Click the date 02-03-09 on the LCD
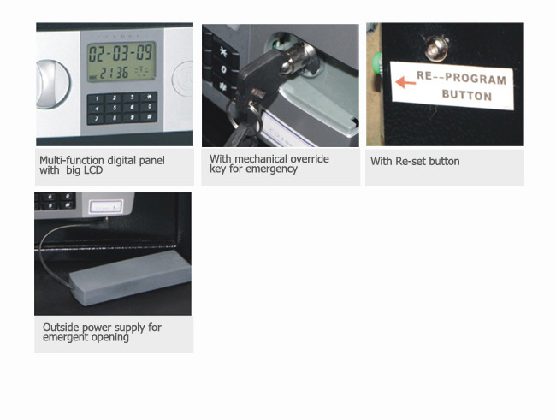click(121, 53)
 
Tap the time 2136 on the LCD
click(114, 73)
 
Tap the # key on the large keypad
click(149, 116)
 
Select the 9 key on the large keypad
click(132, 117)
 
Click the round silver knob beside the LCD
click(52, 84)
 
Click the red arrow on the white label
click(405, 83)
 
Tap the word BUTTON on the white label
click(467, 95)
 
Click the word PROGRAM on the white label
click(475, 79)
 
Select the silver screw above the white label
click(435, 47)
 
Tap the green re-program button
click(377, 63)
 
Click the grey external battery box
click(130, 277)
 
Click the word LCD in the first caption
click(93, 170)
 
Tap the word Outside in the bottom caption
click(58, 327)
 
